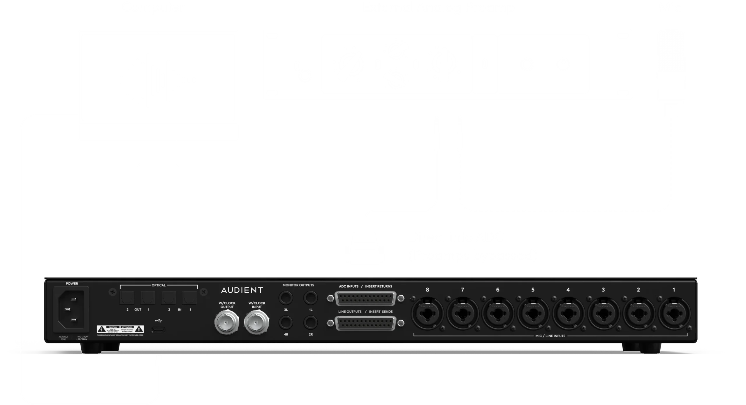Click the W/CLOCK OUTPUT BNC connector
click(226, 322)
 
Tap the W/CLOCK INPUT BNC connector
click(256, 322)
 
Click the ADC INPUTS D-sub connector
click(365, 299)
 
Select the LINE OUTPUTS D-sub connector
click(365, 324)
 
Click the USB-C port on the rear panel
click(158, 330)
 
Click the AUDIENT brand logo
click(242, 290)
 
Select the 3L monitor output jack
click(286, 298)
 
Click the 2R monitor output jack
click(311, 323)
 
